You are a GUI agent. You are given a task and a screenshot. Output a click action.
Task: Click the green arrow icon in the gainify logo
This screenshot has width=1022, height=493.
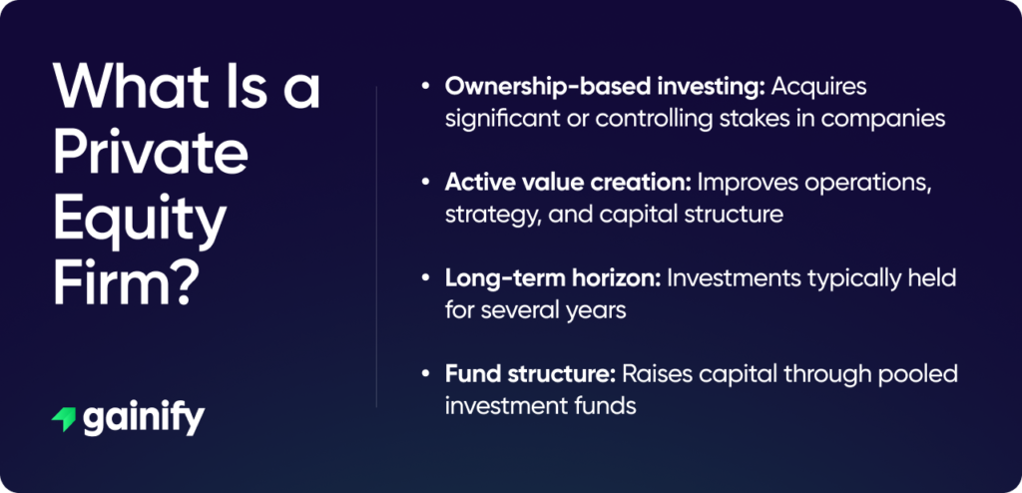(x=63, y=419)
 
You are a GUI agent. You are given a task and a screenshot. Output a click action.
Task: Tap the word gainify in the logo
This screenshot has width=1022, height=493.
(x=144, y=419)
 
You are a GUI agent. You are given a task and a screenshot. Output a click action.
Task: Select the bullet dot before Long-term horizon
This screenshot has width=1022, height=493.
(x=427, y=277)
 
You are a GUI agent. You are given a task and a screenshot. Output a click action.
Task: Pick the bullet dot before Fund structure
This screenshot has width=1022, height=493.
(x=427, y=374)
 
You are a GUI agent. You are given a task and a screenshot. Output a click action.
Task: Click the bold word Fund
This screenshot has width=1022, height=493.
(x=472, y=374)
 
